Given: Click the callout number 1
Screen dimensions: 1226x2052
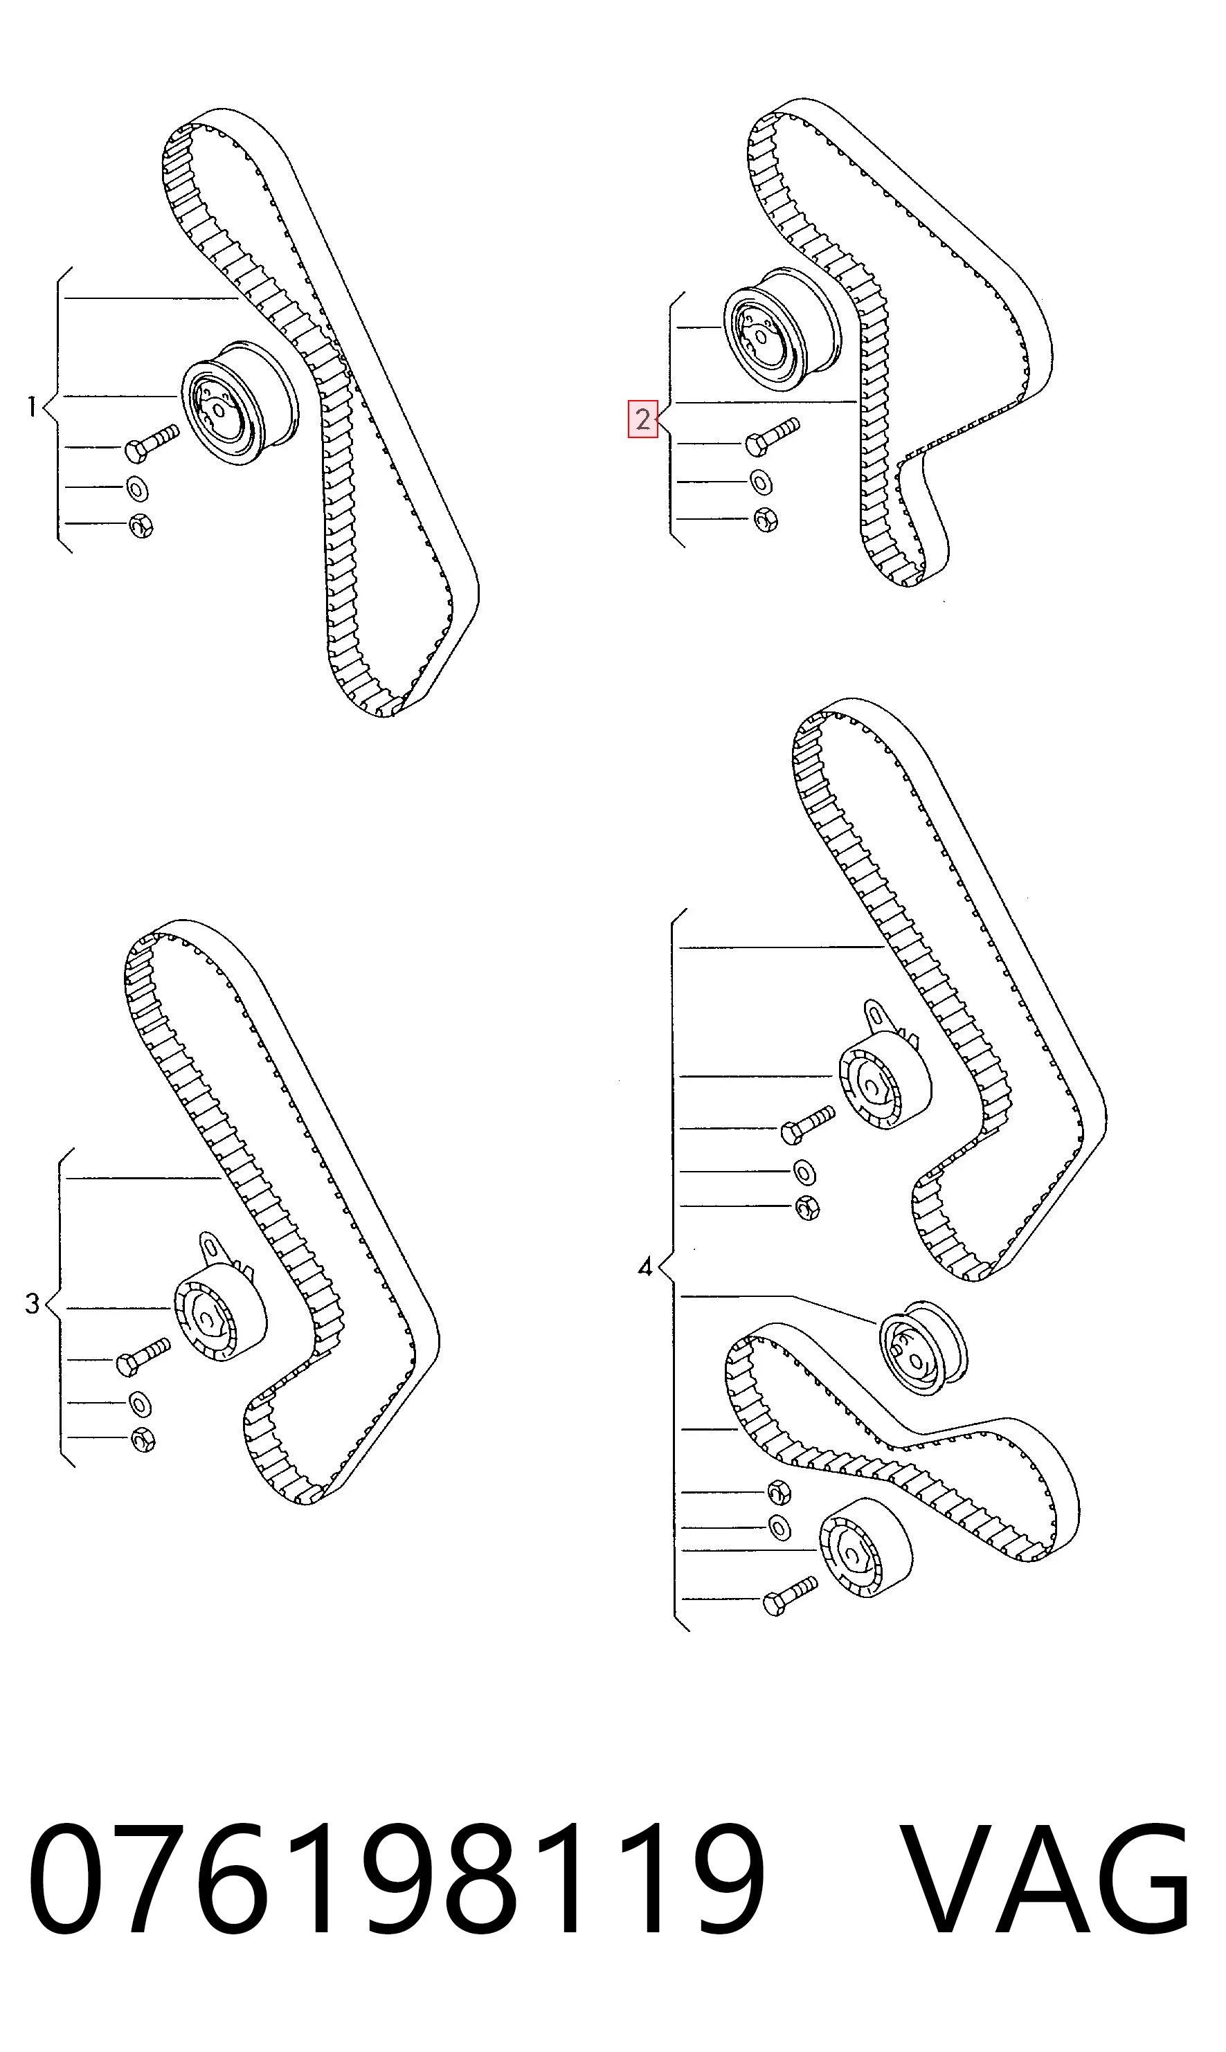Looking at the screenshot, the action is click(31, 407).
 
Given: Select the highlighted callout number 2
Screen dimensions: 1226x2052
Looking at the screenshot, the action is click(642, 419).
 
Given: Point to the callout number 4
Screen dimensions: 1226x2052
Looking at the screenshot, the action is click(645, 1266).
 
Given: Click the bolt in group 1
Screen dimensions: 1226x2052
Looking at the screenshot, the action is click(151, 443).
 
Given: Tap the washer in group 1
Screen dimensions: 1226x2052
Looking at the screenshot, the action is click(137, 488).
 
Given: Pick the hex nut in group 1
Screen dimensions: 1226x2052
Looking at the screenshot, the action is click(141, 526).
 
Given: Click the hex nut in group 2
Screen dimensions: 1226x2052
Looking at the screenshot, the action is click(766, 519).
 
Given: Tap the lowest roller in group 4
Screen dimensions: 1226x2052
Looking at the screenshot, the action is click(867, 1547).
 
